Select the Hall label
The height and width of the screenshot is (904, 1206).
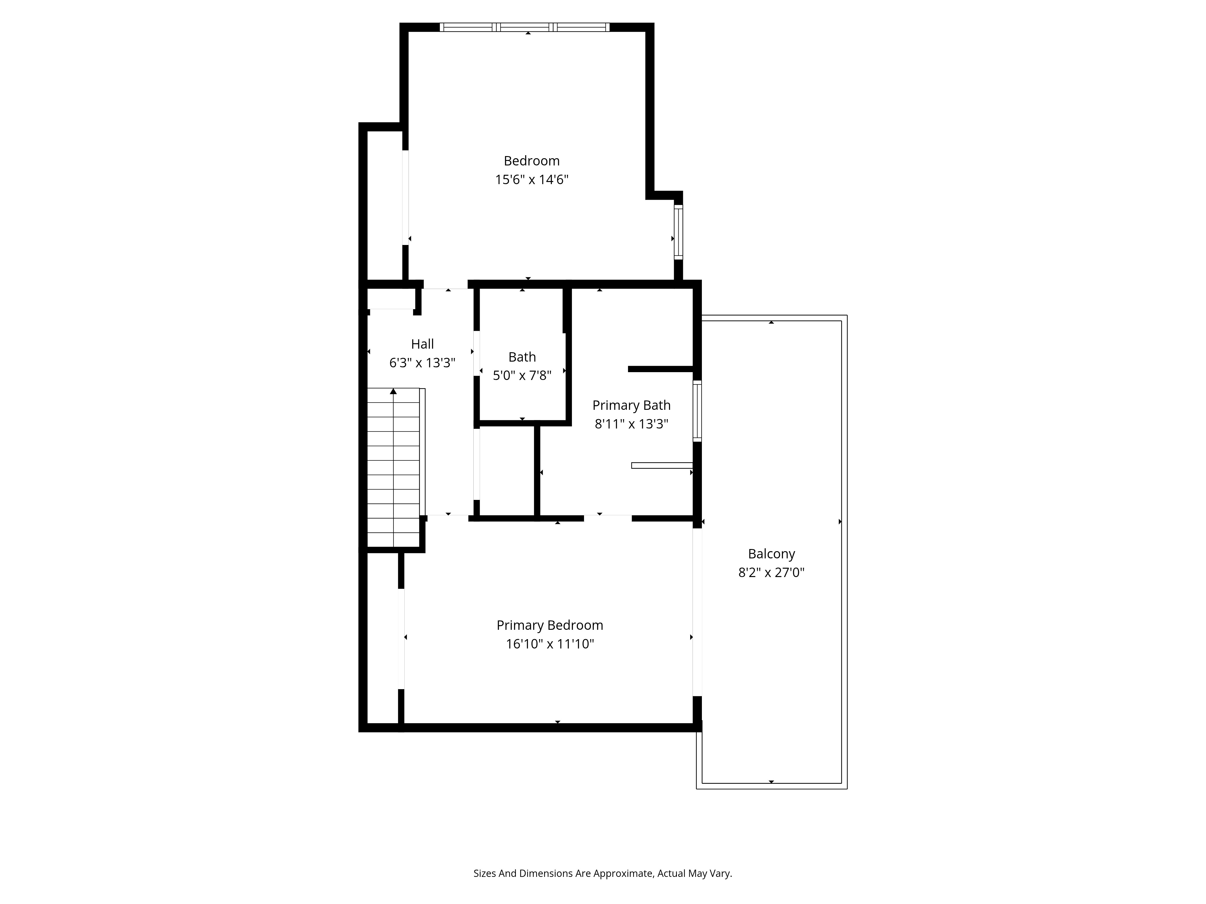pos(422,344)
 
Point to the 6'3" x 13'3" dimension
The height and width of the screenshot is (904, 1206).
pos(422,363)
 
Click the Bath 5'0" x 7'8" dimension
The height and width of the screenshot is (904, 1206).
pos(522,375)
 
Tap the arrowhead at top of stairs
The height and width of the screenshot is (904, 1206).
pos(393,391)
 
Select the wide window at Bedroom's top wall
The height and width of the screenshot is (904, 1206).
pos(525,27)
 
